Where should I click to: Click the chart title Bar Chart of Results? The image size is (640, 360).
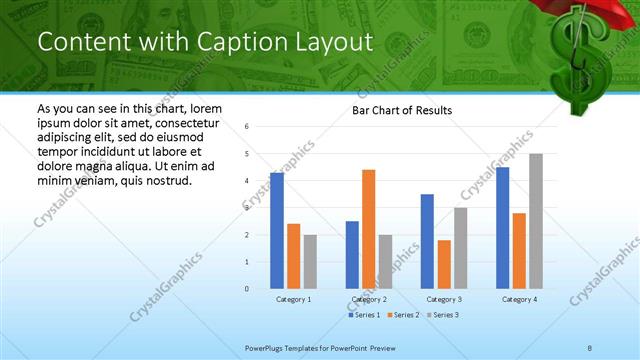(x=401, y=110)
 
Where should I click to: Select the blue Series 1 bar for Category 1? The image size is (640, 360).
(x=277, y=231)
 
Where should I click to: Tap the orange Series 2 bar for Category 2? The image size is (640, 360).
(x=368, y=229)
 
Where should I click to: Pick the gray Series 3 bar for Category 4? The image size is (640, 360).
(x=536, y=221)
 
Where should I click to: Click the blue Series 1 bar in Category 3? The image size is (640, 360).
(x=427, y=241)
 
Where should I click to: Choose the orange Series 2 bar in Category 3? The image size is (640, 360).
(x=444, y=264)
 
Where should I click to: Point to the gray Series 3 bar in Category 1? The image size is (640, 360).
(x=310, y=262)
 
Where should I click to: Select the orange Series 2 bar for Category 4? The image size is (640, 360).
(x=519, y=251)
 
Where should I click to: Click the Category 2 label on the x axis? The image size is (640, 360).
(x=369, y=299)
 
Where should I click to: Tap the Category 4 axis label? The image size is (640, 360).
(x=519, y=299)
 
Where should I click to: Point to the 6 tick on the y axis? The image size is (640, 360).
(x=247, y=127)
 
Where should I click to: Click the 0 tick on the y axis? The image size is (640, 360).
(x=247, y=289)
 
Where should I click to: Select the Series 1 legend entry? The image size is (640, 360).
(x=365, y=315)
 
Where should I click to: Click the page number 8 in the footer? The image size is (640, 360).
(x=590, y=347)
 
